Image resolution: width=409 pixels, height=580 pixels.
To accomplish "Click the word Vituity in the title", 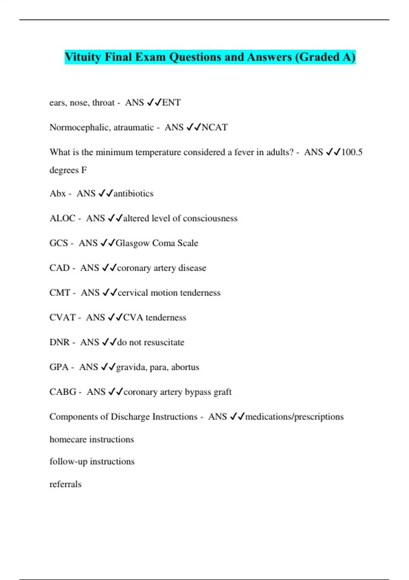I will point(83,57).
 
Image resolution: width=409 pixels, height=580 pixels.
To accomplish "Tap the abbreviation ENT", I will point(171,102).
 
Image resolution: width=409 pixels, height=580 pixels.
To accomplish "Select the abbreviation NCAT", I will point(214,127).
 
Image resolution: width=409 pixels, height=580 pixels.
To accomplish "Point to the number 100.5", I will point(352,152).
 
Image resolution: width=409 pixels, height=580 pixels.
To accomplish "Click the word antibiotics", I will point(133,193).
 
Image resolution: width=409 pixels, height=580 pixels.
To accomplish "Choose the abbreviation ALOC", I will point(62,218).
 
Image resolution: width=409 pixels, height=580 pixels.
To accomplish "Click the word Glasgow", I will point(133,243).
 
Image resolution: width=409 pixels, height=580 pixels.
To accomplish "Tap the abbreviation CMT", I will point(60,293).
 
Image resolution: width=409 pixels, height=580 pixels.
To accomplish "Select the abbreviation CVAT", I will point(62,317).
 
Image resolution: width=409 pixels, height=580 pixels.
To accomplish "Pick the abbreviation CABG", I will point(63,392).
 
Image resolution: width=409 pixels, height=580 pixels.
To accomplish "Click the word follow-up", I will point(68,462).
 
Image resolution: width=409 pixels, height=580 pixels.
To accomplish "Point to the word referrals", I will point(65,484).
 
